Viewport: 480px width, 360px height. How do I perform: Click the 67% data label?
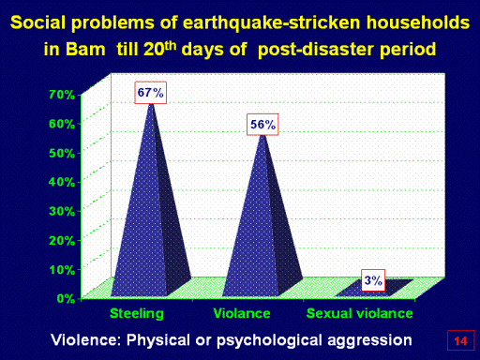150,93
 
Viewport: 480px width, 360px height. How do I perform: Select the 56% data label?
262,125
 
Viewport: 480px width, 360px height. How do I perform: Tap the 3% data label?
373,280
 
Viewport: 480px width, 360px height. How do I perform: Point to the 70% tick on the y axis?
62,95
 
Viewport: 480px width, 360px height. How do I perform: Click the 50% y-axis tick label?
62,153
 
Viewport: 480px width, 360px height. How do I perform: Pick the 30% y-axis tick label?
62,211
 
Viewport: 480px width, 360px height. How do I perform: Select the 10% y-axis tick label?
62,269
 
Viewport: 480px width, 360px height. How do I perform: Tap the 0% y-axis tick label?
66,298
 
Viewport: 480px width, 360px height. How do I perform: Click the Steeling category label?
137,314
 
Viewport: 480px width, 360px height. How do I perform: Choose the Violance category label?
242,313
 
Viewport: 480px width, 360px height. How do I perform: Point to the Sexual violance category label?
360,313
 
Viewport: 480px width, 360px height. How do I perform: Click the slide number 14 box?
460,340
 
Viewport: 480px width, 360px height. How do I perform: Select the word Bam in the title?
85,50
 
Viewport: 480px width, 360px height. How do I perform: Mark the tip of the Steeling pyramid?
152,103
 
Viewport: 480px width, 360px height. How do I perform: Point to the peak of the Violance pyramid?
263,135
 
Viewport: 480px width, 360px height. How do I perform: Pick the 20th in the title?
159,48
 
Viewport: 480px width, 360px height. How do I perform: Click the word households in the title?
418,22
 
